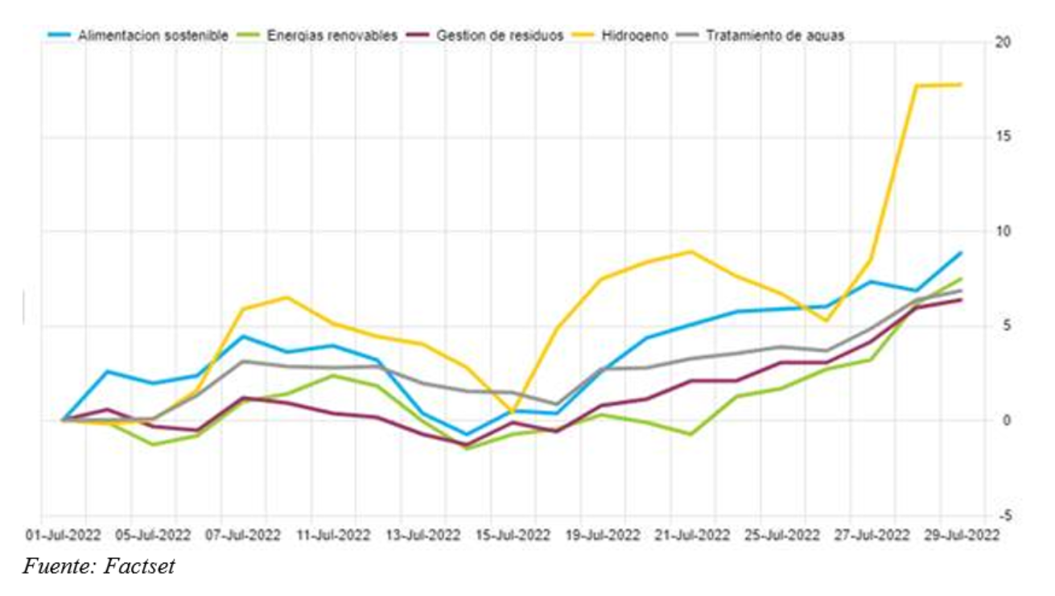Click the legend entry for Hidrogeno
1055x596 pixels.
tap(635, 35)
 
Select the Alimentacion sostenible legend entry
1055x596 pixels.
tap(153, 35)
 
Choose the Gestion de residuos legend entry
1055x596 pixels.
tap(500, 35)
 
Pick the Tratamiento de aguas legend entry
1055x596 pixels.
tap(774, 35)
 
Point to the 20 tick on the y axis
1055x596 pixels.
tap(1003, 43)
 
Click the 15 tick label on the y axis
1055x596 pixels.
tap(1003, 137)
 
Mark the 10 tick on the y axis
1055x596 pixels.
tap(1003, 232)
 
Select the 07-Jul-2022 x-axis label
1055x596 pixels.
tap(242, 535)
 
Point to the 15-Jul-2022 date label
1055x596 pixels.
tap(513, 535)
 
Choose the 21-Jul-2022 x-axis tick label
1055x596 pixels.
tap(693, 535)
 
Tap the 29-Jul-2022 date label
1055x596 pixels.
tap(963, 535)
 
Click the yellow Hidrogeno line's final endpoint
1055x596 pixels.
tap(961, 85)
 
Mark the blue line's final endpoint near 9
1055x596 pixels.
tap(961, 253)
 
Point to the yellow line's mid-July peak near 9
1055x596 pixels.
tap(690, 251)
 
